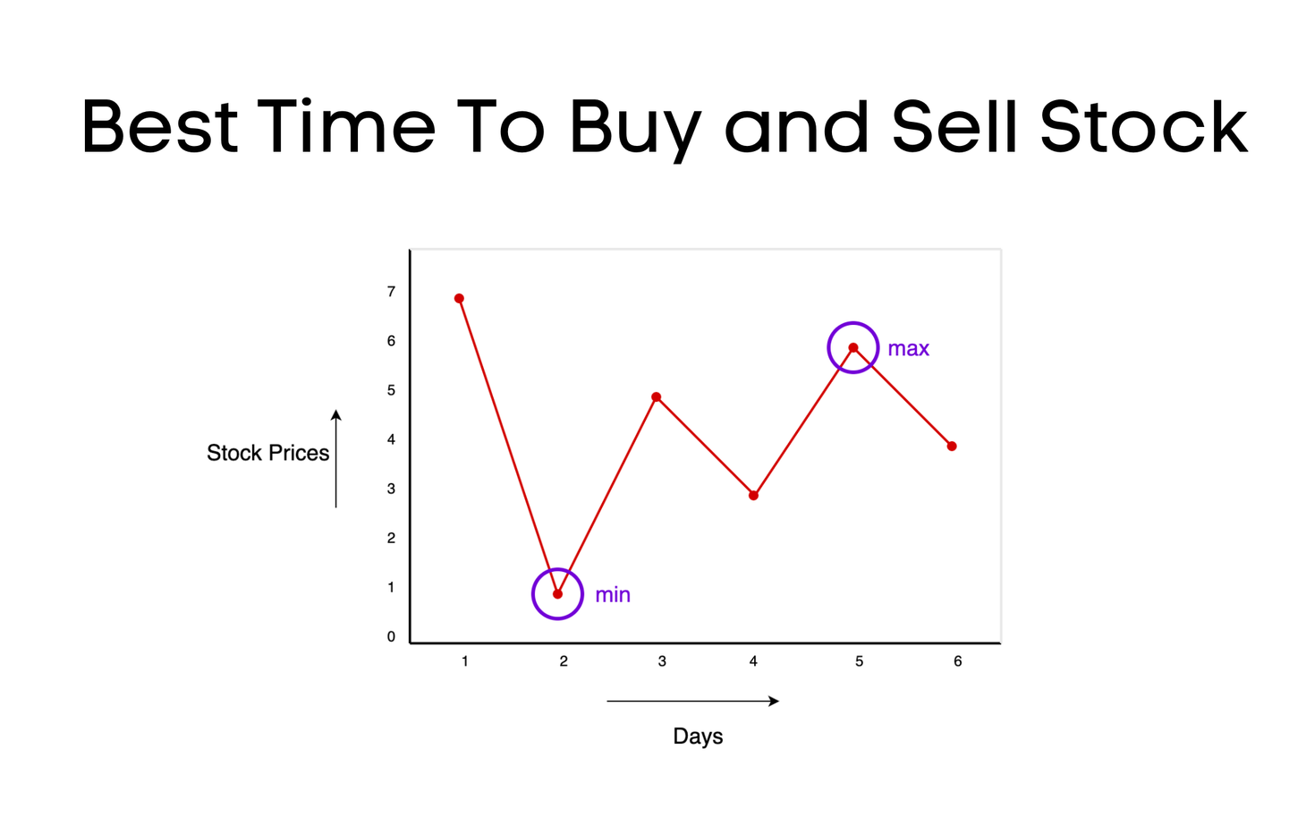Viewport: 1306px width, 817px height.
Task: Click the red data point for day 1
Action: pos(459,299)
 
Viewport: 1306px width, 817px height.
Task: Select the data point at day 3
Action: pos(657,397)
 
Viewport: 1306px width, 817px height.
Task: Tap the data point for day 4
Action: pos(754,496)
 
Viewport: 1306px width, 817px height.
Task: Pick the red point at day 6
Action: pos(952,447)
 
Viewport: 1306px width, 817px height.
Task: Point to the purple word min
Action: pos(613,595)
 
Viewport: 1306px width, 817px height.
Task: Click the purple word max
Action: pos(908,349)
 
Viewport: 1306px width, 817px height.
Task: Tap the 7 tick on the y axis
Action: pos(391,292)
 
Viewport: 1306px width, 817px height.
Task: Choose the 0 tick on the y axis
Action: pos(391,637)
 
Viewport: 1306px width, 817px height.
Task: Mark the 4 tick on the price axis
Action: pos(391,439)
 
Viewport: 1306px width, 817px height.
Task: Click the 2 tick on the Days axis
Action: pos(564,661)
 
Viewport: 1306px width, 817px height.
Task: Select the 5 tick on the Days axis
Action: pos(859,661)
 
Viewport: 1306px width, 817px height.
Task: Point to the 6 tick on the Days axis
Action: pos(957,661)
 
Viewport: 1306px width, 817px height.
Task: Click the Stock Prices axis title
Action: pos(267,453)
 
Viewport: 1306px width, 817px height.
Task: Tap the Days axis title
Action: pos(698,736)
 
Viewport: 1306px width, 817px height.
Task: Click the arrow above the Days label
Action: pos(692,702)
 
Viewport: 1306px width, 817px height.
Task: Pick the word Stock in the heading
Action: pos(1143,126)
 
